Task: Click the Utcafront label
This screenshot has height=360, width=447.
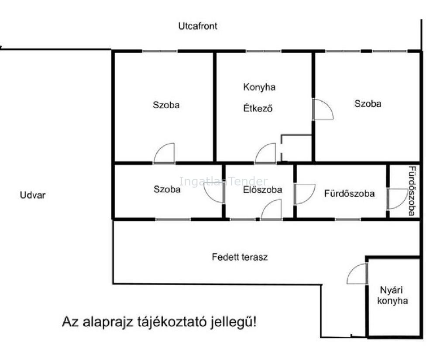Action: pos(198,26)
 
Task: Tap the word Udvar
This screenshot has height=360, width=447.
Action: pos(33,195)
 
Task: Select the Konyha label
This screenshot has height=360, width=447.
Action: pos(259,87)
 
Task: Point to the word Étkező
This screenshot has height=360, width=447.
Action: pos(258,108)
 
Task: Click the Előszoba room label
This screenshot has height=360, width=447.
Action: pos(262,190)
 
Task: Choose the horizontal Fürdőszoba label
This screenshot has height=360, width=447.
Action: pos(350,194)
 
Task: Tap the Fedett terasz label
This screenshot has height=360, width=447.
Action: pos(240,257)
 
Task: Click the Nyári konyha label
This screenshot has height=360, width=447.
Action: pos(392,295)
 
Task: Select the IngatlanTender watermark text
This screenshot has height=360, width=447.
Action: pos(223,181)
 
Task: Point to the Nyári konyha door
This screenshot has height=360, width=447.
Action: pos(357,274)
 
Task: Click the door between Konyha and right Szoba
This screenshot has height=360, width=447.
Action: pos(323,109)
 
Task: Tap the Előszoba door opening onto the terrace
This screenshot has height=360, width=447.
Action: pos(272,209)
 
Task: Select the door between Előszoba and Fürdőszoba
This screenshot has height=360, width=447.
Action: pos(304,194)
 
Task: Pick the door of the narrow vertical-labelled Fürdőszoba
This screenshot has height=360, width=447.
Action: pos(397,199)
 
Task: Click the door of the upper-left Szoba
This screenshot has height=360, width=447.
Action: pos(164,153)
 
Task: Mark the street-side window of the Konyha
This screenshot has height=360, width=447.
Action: pos(264,51)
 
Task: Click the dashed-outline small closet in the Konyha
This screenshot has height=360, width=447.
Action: pos(296,148)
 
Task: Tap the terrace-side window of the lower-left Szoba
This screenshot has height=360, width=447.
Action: pos(173,219)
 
